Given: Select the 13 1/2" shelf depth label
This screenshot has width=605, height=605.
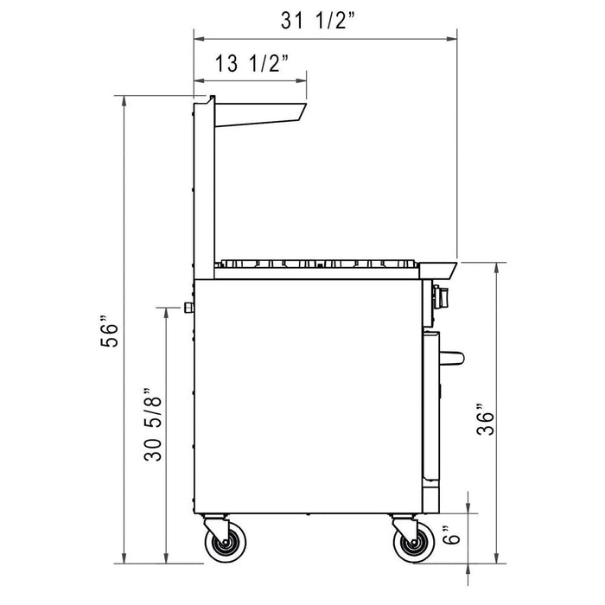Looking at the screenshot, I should pyautogui.click(x=251, y=63).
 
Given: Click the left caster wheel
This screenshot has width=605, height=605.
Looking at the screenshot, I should pyautogui.click(x=224, y=545).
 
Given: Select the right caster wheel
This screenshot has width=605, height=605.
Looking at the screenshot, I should pyautogui.click(x=412, y=545).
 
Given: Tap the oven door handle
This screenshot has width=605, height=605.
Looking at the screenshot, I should pyautogui.click(x=454, y=355).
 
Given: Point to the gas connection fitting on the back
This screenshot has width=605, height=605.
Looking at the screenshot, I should pyautogui.click(x=188, y=309).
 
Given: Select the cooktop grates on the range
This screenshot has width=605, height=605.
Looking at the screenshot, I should pyautogui.click(x=320, y=264).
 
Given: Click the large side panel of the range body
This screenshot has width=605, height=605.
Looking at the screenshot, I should pyautogui.click(x=307, y=398).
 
